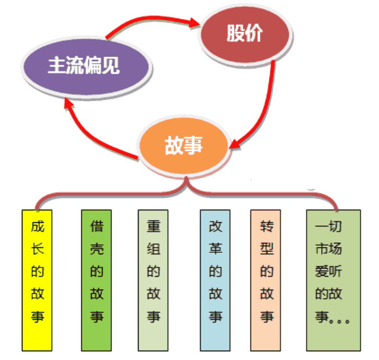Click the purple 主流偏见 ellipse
point(84,66)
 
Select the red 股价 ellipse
point(245,34)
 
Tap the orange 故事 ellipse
point(183,145)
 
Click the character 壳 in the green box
point(97,249)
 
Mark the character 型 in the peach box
point(267,249)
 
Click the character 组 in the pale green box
point(154,249)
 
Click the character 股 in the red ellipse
point(236,34)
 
